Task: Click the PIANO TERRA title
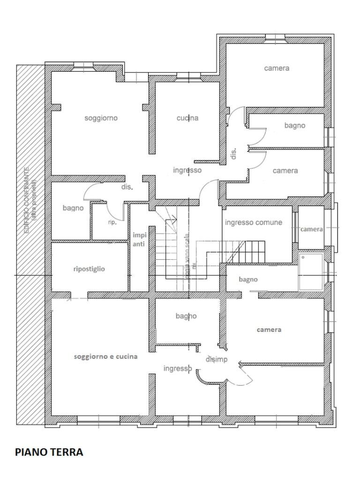tap(49, 452)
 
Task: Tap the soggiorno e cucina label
tap(105, 356)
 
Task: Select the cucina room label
tap(187, 118)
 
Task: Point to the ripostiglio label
tap(89, 269)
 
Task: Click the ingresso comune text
tap(254, 222)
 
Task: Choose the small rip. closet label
tap(112, 222)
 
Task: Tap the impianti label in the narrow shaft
tap(139, 240)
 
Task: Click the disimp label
tap(217, 360)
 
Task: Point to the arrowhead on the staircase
tap(173, 218)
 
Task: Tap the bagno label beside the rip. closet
tap(73, 208)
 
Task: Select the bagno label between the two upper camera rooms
tap(294, 125)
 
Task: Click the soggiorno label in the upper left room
tap(101, 118)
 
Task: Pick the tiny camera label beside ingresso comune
tap(311, 229)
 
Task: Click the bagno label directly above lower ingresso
tap(186, 316)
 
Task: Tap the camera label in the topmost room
tap(277, 68)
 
